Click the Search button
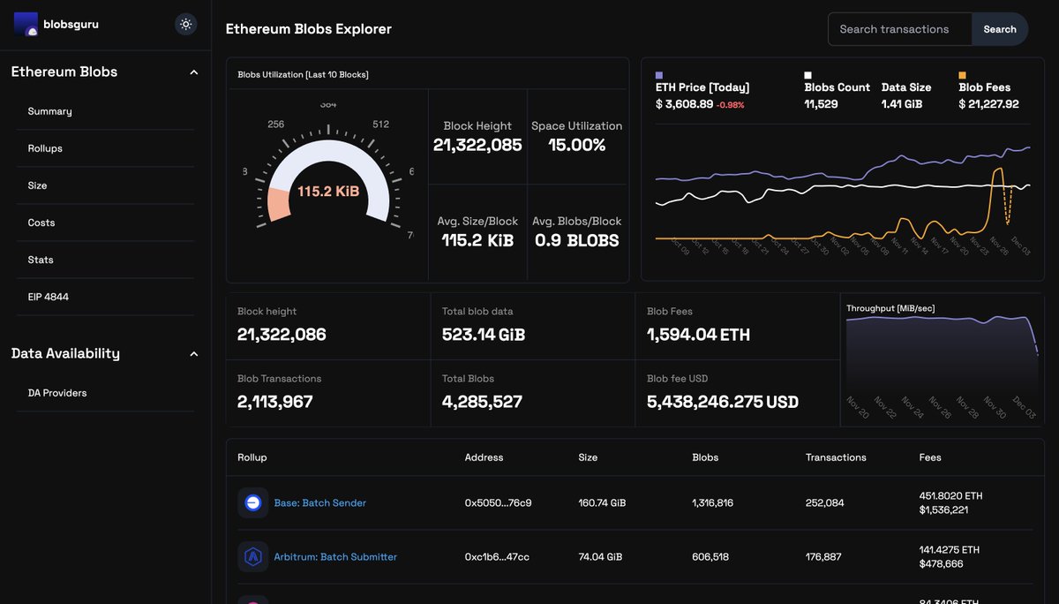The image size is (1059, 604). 999,29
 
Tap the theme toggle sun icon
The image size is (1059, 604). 186,24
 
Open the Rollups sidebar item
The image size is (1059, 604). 45,148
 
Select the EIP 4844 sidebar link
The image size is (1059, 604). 48,297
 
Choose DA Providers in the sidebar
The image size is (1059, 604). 57,393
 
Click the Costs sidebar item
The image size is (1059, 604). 41,223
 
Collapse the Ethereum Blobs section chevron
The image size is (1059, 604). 194,72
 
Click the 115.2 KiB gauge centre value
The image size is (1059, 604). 328,191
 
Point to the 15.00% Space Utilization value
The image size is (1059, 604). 576,146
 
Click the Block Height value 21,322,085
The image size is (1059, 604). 477,146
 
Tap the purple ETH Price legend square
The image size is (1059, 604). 659,76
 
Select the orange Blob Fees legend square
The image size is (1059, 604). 963,76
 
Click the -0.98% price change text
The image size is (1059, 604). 730,105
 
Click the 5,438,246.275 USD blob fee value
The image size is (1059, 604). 723,402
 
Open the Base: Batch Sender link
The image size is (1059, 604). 319,502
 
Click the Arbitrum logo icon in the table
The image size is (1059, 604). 253,557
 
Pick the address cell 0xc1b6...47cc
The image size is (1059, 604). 498,557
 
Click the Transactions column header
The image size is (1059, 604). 836,457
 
